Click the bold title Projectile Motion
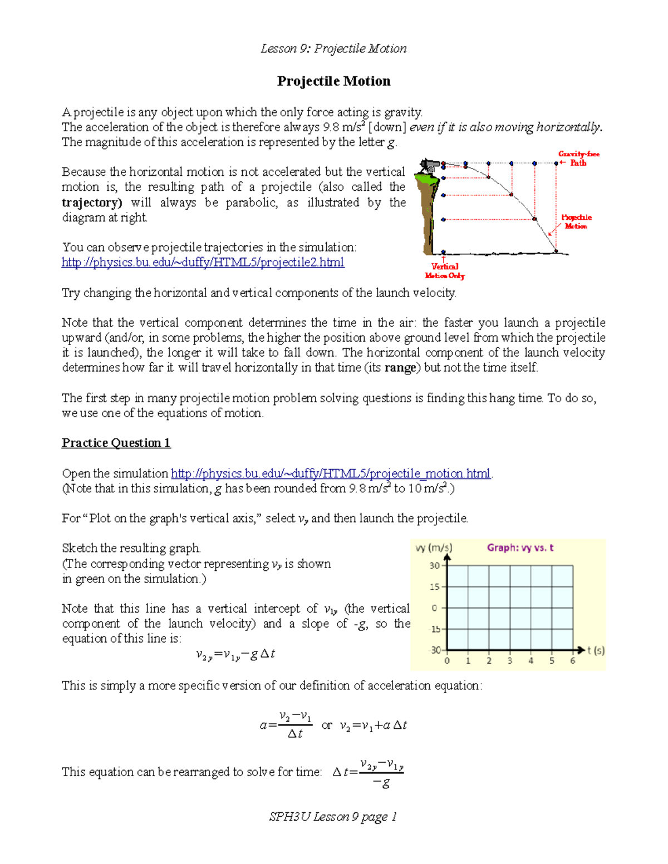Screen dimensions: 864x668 tap(333, 81)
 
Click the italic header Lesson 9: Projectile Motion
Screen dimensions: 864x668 tap(333, 49)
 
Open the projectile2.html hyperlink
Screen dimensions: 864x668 tap(203, 262)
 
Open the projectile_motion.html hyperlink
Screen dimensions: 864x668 tap(331, 473)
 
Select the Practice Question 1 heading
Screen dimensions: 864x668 tap(116, 443)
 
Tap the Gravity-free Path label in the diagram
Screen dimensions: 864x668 tap(578, 159)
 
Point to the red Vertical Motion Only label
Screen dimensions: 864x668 tap(444, 271)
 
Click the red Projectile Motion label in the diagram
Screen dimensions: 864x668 tap(576, 221)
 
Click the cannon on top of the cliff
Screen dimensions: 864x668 tap(430, 165)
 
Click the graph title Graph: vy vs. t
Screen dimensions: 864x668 tap(520, 547)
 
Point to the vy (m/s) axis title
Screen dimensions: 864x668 tap(434, 548)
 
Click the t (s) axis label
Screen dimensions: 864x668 tap(596, 650)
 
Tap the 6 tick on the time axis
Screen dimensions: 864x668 tap(572, 661)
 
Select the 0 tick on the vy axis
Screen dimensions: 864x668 tap(435, 608)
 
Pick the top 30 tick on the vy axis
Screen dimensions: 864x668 tap(434, 566)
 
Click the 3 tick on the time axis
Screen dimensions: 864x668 tap(509, 661)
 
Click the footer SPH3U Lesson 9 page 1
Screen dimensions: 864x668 tap(333, 817)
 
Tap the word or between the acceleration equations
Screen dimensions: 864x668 tap(327, 725)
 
